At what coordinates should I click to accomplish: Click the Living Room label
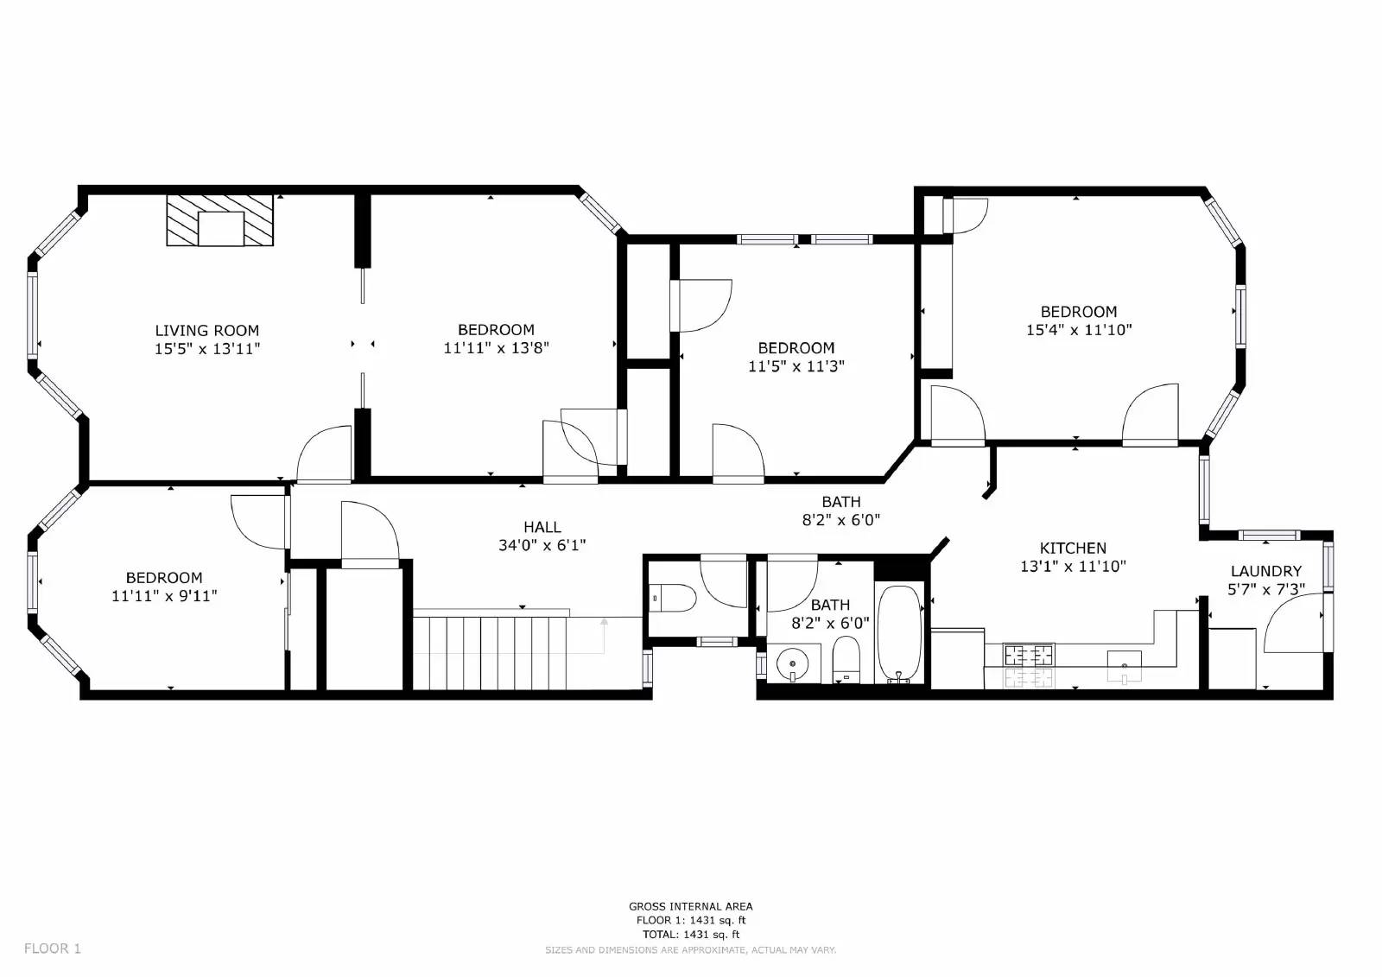pos(206,331)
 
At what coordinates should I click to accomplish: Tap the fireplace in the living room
pos(219,220)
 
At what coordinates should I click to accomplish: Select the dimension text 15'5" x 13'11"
pos(207,349)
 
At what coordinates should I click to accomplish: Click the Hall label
pos(542,527)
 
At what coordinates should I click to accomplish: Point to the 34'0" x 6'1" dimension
pos(542,546)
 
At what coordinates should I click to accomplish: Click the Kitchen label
pos(1073,548)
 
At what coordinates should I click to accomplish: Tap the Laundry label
pos(1266,572)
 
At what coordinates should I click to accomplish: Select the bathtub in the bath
pos(899,634)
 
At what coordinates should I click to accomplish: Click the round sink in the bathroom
pos(792,664)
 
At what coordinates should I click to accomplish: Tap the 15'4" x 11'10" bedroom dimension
pos(1079,330)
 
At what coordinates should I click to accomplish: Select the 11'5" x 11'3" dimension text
pos(796,366)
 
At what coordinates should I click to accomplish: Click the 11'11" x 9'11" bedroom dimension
pos(164,596)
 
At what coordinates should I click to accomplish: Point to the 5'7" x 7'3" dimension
pos(1266,590)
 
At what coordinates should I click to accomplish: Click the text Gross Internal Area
pos(690,907)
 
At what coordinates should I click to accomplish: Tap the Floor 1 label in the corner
pos(53,948)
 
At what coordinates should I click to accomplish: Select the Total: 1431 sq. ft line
pos(690,935)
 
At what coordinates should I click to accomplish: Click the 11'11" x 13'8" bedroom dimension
pos(496,348)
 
